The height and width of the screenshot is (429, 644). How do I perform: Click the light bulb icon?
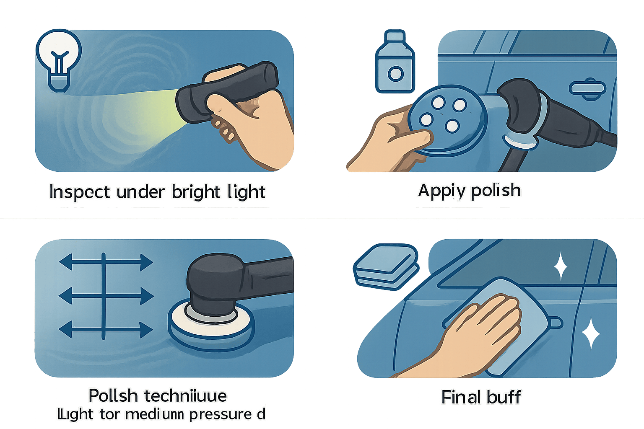point(59,59)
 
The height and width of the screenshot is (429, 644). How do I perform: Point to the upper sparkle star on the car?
point(560,266)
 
